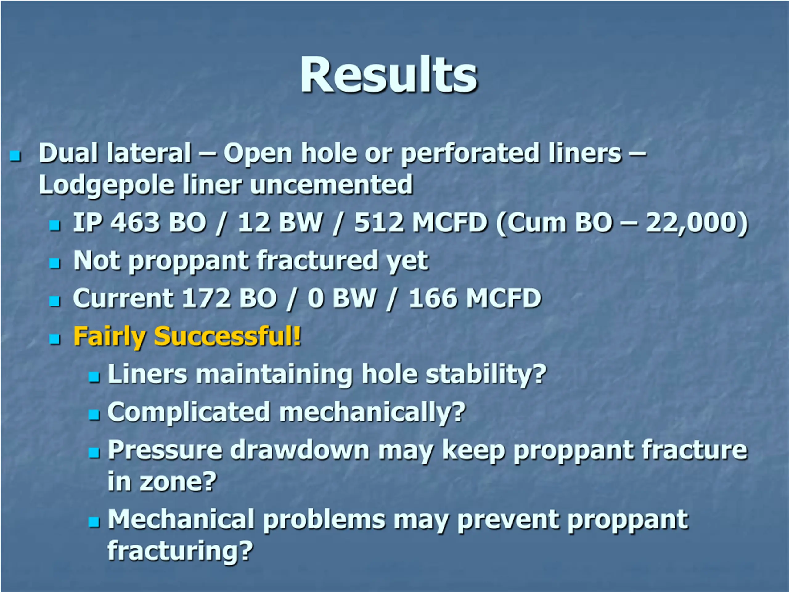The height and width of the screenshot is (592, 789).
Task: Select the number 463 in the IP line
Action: click(135, 222)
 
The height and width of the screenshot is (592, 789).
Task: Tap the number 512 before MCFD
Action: click(379, 222)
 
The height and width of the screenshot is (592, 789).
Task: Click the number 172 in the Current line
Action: click(206, 298)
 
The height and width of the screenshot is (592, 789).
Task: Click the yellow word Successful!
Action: click(227, 336)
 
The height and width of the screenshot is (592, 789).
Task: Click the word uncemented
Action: click(331, 184)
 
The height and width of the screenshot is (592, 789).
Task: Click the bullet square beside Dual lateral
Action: click(15, 156)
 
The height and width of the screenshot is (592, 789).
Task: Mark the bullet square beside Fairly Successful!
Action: click(55, 339)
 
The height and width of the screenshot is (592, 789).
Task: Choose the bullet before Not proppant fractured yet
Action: click(55, 263)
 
